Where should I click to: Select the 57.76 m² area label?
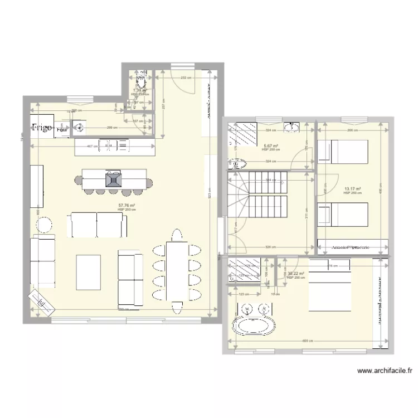coord(127,206)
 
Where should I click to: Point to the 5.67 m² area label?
coord(270,147)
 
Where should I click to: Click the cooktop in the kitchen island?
coord(114,179)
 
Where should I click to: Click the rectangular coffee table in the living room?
coord(88,271)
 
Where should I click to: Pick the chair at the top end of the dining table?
coord(177,234)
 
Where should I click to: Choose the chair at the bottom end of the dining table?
coord(177,305)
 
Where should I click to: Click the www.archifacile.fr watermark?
coord(384,370)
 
